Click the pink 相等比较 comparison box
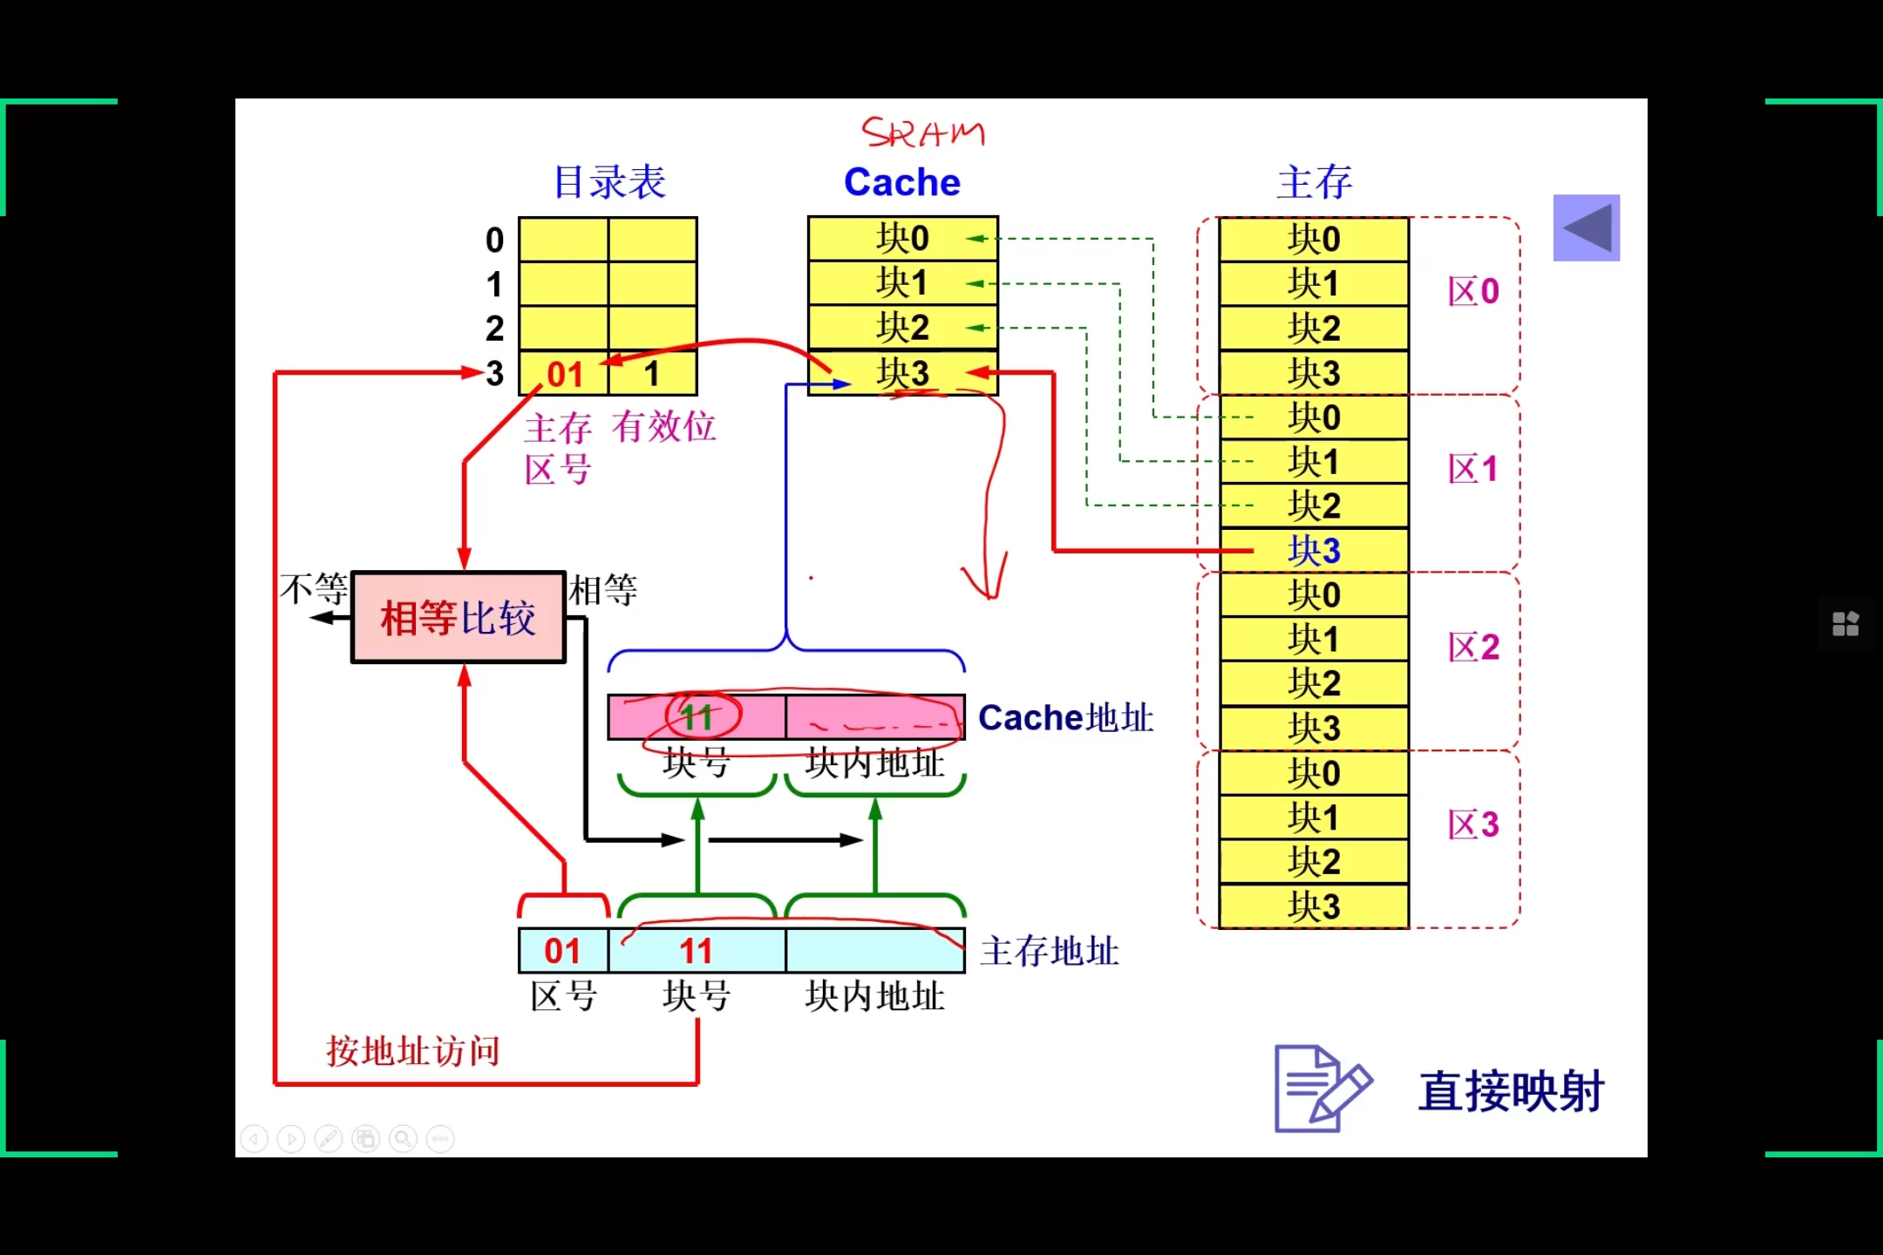coord(459,617)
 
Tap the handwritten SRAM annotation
coord(922,133)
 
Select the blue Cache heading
coord(902,182)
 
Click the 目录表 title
coord(609,182)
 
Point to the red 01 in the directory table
coord(564,375)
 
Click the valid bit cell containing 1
coord(652,374)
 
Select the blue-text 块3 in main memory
coord(1314,551)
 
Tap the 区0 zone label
coord(1473,291)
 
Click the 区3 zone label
coord(1473,824)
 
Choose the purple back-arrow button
coord(1587,227)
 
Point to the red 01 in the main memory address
coord(562,951)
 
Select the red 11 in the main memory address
coord(696,951)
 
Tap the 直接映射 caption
coord(1511,1091)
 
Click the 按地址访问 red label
coord(413,1051)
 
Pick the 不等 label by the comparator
coord(314,590)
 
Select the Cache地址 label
coord(1065,718)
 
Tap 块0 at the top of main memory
coord(1314,240)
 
